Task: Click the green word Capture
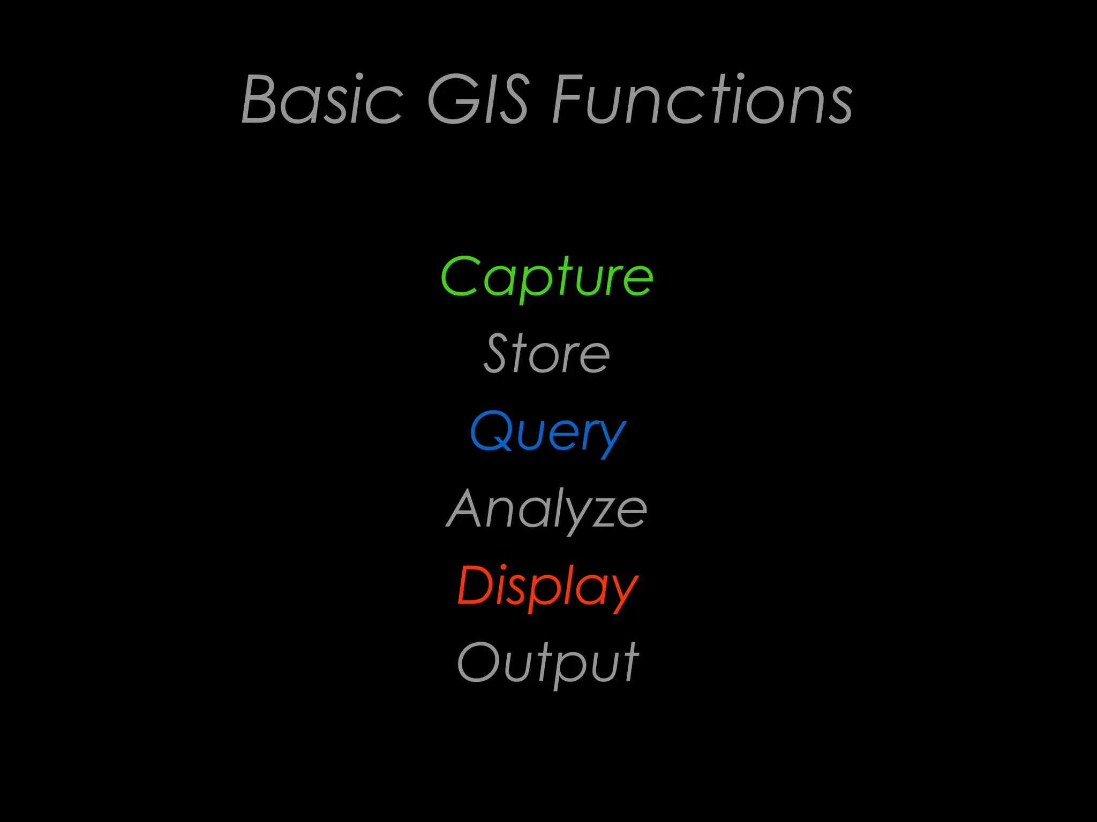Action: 547,277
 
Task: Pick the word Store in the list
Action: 547,354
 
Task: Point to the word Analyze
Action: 547,509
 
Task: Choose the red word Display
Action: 547,586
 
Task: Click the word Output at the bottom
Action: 547,663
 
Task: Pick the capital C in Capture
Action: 460,277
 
